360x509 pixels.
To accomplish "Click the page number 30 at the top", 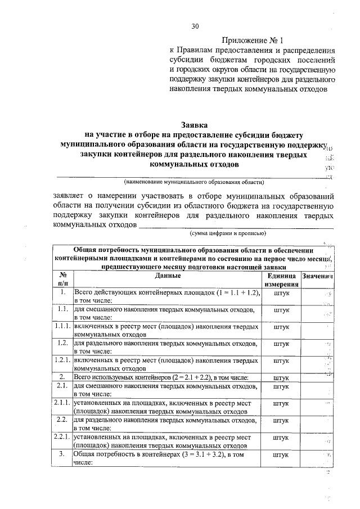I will click(195, 26).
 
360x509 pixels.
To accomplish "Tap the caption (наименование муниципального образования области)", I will click(194, 182).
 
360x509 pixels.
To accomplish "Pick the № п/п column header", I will click(62, 280).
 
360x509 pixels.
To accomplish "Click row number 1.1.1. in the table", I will click(62, 326).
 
